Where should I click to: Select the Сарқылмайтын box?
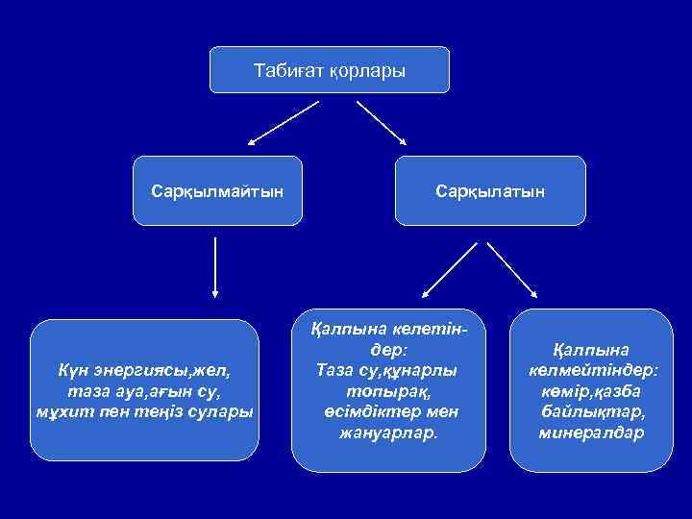click(x=217, y=190)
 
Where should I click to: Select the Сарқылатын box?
click(x=490, y=190)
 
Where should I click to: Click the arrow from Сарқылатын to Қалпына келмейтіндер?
click(x=513, y=268)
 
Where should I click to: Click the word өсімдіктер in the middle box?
click(x=360, y=412)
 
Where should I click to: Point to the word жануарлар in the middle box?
click(x=387, y=433)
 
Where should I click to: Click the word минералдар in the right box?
click(x=592, y=433)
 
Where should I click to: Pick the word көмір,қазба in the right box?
click(x=592, y=391)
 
